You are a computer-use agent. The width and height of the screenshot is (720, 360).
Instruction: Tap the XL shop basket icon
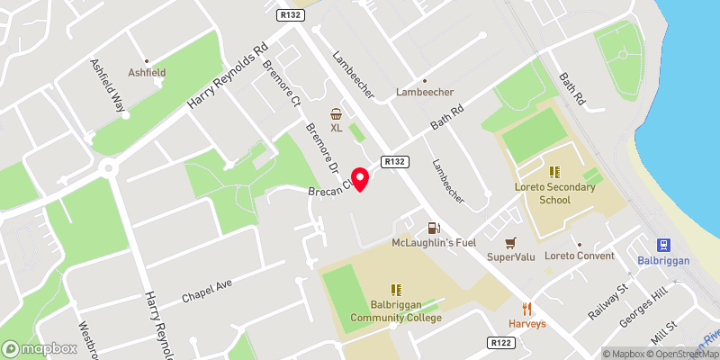(337, 113)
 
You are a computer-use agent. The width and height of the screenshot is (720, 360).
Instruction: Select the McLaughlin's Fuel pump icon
(433, 229)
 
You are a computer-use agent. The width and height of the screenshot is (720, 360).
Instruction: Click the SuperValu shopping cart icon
(510, 243)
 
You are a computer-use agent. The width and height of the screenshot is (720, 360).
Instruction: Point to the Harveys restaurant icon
(527, 309)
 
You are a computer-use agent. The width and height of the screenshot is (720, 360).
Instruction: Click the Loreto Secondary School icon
(555, 171)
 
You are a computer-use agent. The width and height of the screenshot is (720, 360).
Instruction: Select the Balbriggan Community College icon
(396, 290)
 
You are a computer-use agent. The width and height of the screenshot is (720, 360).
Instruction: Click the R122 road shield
(501, 342)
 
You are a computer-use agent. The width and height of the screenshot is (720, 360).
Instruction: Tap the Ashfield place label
(148, 72)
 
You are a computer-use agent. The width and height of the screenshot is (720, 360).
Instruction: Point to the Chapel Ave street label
(207, 289)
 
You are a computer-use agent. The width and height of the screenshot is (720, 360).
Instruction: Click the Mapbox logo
(40, 348)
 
